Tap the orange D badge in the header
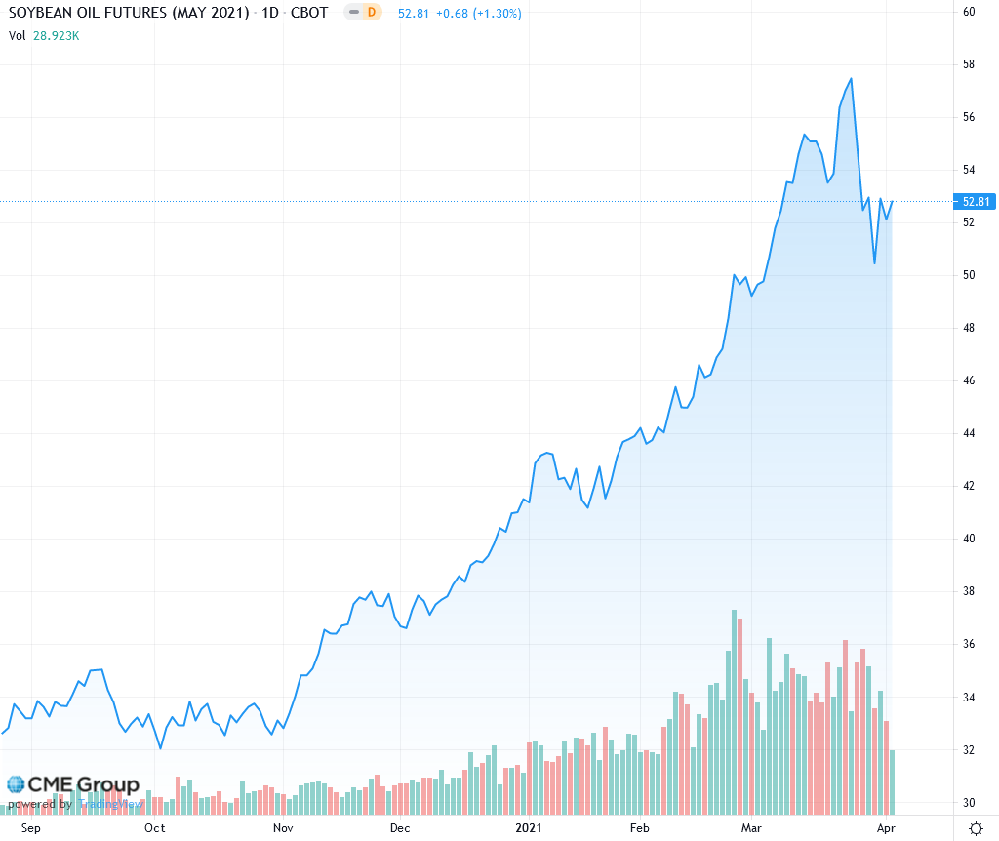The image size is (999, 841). [371, 14]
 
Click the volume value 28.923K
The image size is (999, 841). [57, 36]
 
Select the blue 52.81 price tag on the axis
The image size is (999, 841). [976, 202]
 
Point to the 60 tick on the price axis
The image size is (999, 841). [970, 12]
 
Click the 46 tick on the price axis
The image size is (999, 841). [970, 380]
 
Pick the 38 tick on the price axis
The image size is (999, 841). [970, 591]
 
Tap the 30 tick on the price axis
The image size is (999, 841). [970, 803]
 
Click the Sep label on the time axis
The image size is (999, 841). [31, 828]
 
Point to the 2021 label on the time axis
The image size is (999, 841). [528, 828]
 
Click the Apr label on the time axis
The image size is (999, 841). [884, 828]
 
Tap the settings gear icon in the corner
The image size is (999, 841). [975, 828]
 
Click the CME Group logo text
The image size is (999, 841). [83, 785]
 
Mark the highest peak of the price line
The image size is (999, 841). [852, 79]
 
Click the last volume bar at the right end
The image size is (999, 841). [893, 781]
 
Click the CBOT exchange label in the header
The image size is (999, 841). [309, 14]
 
